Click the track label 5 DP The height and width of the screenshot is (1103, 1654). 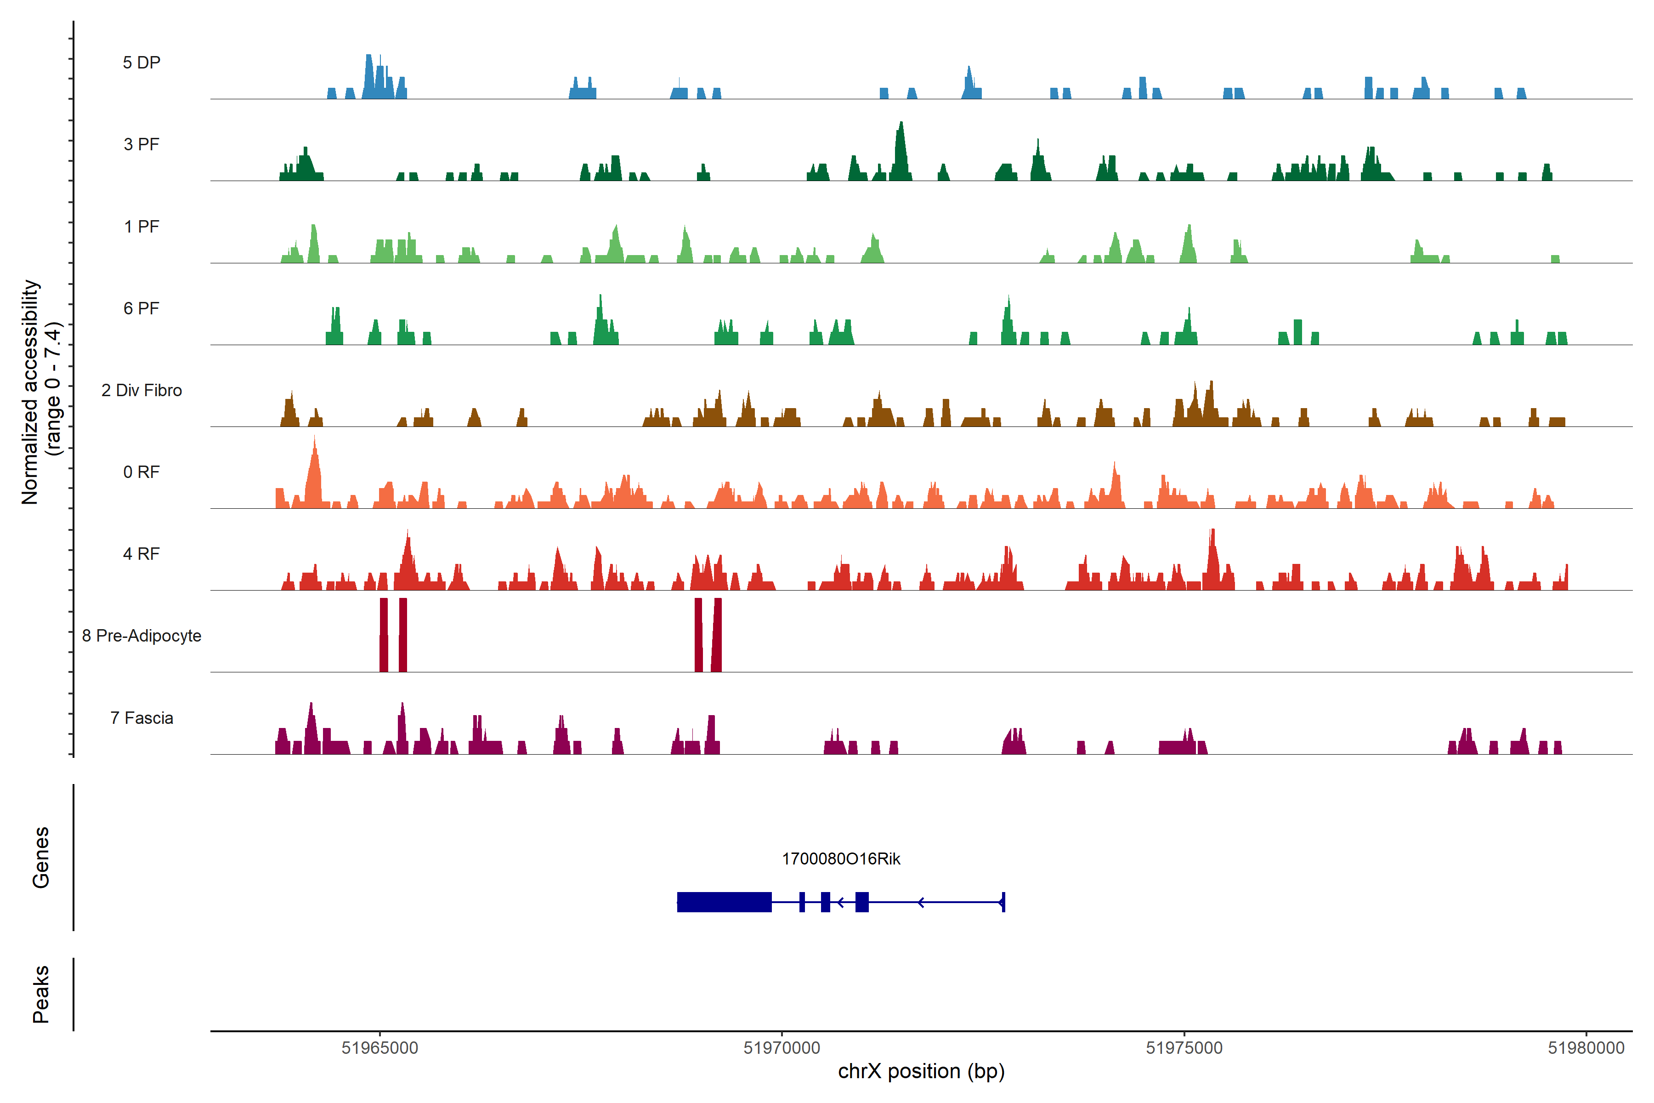click(142, 63)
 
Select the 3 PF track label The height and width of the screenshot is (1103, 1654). click(142, 144)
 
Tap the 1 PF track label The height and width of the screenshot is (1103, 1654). click(142, 227)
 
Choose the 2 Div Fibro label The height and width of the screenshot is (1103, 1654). click(142, 390)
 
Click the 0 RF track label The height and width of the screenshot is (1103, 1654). click(142, 472)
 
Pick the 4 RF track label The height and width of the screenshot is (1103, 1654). click(142, 554)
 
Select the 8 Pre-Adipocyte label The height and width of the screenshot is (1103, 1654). click(142, 636)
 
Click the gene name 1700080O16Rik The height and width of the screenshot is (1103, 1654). click(841, 859)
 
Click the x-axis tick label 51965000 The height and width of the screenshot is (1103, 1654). click(380, 1048)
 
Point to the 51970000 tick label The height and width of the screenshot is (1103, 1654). click(782, 1048)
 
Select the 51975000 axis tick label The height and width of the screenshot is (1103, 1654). click(1184, 1048)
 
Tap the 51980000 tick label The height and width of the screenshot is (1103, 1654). click(1586, 1048)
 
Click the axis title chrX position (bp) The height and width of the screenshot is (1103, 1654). click(921, 1071)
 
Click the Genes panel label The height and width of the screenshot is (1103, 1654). click(41, 858)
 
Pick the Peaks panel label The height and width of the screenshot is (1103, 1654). click(41, 994)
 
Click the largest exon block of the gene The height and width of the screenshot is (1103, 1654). click(725, 902)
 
